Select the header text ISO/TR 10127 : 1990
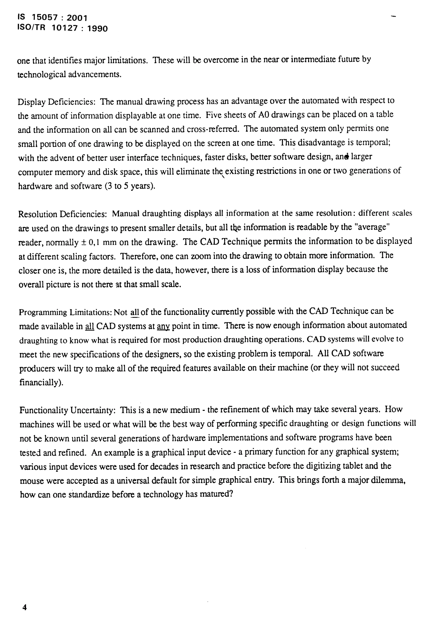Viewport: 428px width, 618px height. pyautogui.click(x=62, y=28)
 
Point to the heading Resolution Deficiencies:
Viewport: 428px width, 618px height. pyautogui.click(x=62, y=214)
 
